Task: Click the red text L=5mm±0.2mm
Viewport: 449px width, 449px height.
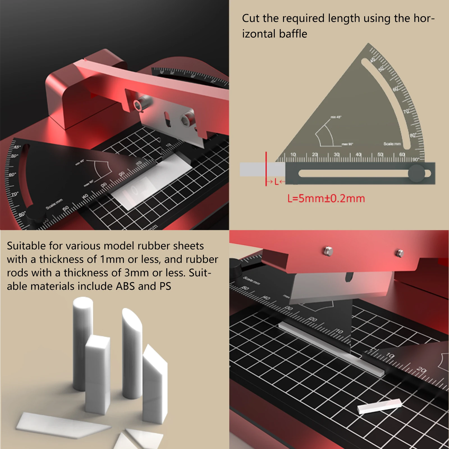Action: [326, 198]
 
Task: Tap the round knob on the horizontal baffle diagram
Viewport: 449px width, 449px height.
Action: [416, 173]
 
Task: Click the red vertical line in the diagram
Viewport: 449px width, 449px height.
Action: [266, 168]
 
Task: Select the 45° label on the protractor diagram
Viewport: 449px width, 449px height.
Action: [373, 59]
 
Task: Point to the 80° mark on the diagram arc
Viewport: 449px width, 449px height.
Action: [413, 136]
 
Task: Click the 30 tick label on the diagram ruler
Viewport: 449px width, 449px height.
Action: [336, 155]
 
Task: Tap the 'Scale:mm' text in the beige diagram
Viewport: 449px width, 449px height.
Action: [392, 144]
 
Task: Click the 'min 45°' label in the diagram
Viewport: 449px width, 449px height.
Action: [336, 117]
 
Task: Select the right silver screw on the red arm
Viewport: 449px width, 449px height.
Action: [400, 253]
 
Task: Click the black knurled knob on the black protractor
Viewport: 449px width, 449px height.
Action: [36, 215]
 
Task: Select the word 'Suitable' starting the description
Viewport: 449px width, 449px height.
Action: [26, 246]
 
